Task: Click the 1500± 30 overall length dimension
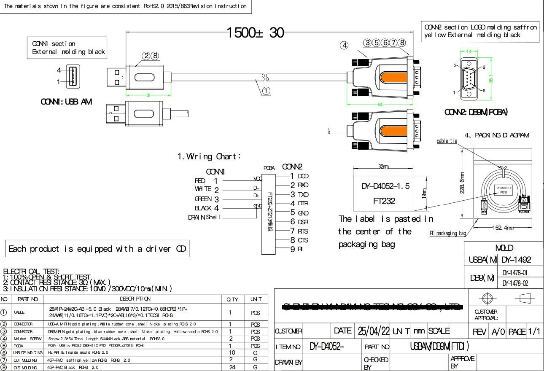coord(255,32)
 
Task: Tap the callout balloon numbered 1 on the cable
coord(266,90)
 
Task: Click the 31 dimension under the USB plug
coord(148,95)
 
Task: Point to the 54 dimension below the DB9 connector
coord(380,104)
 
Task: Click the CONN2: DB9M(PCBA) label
coord(477,112)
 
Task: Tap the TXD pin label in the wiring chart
coord(303,194)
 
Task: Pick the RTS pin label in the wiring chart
coord(303,231)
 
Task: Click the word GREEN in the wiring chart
coord(204,199)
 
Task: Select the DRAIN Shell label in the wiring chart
coord(205,218)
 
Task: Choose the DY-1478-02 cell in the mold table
coord(521,283)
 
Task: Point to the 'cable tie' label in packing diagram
coord(447,141)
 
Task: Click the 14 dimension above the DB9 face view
coord(469,51)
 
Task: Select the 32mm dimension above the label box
coord(383,167)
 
